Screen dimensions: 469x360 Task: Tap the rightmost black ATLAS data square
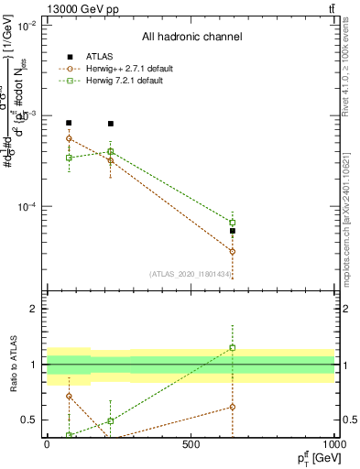233,231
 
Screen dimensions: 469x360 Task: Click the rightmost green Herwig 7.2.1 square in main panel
233,223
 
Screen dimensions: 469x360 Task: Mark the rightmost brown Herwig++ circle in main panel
233,251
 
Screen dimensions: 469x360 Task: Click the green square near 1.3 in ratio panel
233,347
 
